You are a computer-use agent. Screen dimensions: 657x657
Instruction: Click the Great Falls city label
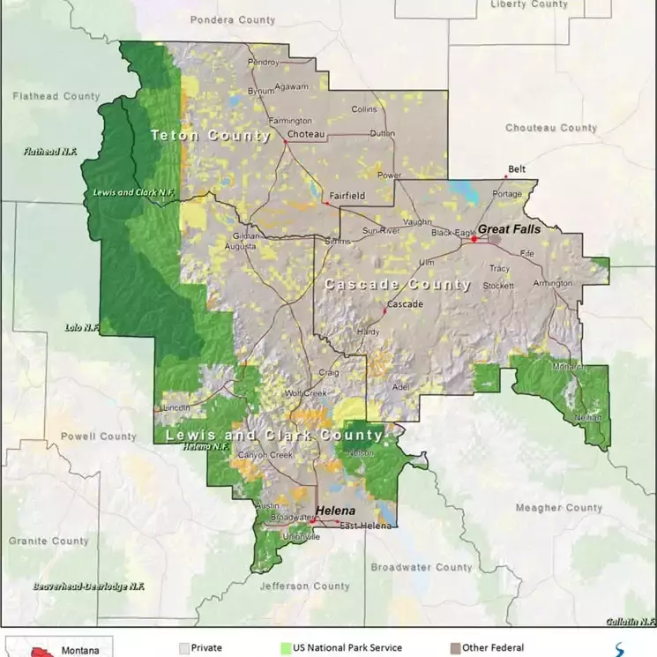pyautogui.click(x=509, y=228)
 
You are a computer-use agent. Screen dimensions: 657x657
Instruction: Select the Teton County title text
pyautogui.click(x=210, y=135)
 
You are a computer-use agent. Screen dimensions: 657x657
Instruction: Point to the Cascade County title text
pyautogui.click(x=397, y=284)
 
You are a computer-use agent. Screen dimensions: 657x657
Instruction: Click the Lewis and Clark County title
pyautogui.click(x=274, y=436)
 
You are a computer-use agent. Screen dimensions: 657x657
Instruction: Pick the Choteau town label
pyautogui.click(x=306, y=134)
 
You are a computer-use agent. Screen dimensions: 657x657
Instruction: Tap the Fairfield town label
pyautogui.click(x=347, y=195)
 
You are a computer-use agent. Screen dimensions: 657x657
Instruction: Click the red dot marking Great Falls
pyautogui.click(x=474, y=239)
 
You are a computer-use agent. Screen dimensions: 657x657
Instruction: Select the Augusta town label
pyautogui.click(x=240, y=247)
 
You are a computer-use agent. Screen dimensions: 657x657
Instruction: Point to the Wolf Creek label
pyautogui.click(x=305, y=392)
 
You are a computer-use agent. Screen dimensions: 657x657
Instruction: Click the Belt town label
pyautogui.click(x=516, y=168)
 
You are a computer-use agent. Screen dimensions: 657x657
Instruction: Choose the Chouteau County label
pyautogui.click(x=550, y=128)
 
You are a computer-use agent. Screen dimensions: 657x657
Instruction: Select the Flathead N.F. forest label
pyautogui.click(x=50, y=152)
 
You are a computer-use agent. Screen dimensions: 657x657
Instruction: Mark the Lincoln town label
pyautogui.click(x=176, y=407)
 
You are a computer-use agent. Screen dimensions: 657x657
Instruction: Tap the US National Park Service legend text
pyautogui.click(x=347, y=648)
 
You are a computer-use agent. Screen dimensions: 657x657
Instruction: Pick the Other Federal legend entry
pyautogui.click(x=492, y=648)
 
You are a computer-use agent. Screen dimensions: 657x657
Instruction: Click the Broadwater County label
pyautogui.click(x=421, y=567)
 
